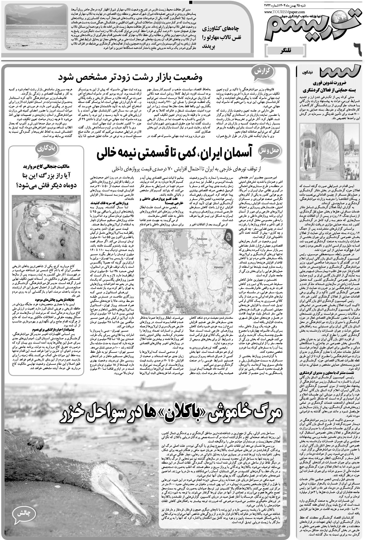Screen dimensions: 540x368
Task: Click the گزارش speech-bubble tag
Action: coord(261,72)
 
